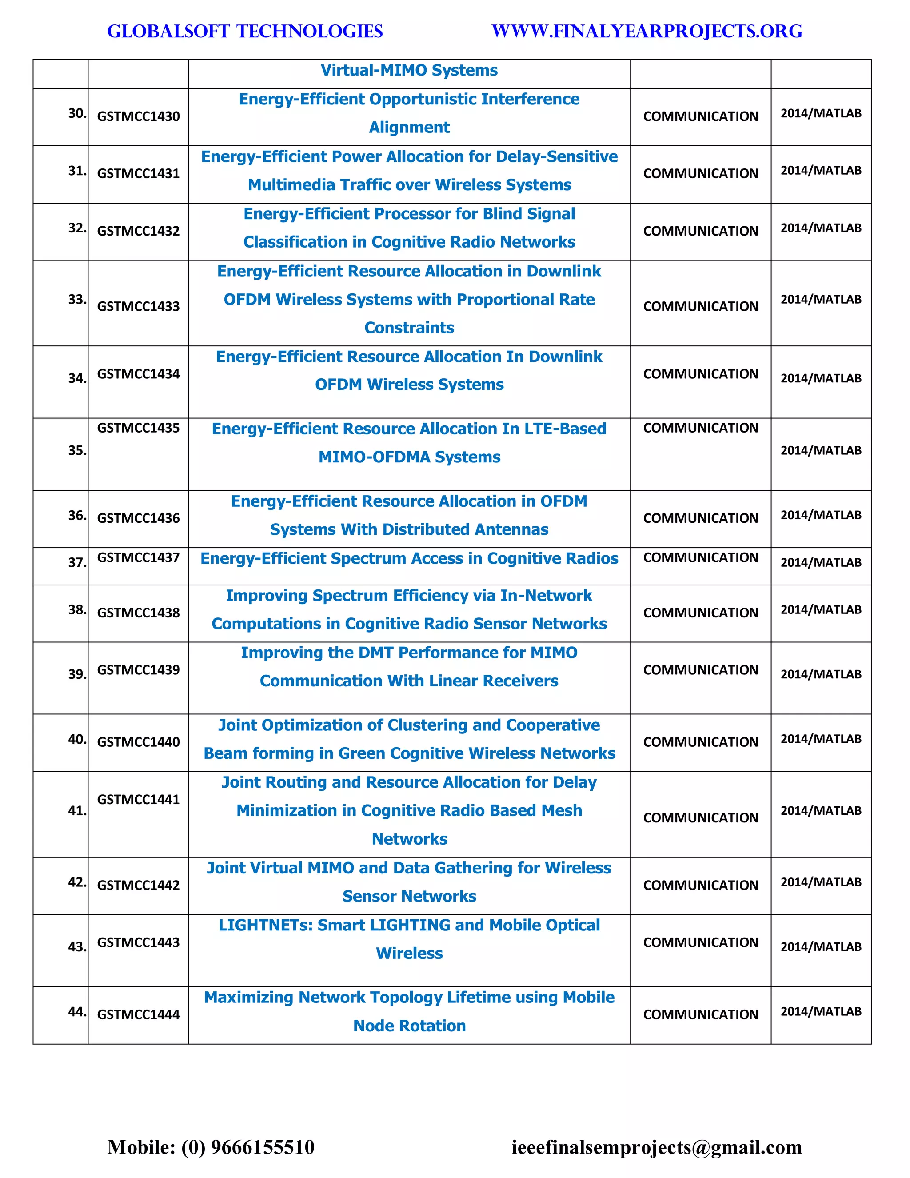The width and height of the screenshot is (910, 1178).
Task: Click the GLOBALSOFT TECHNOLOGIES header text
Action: (245, 31)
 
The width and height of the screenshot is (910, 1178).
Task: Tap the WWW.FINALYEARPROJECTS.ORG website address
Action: (647, 31)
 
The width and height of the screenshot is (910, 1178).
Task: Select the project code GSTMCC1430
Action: (138, 116)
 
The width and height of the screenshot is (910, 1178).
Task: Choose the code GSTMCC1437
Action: (138, 558)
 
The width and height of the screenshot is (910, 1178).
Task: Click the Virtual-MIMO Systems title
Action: (409, 70)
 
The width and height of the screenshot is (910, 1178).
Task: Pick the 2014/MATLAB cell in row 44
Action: (821, 1011)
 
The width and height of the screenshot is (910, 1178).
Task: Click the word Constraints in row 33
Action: (409, 328)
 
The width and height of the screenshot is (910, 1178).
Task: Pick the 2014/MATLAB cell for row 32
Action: (821, 228)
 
